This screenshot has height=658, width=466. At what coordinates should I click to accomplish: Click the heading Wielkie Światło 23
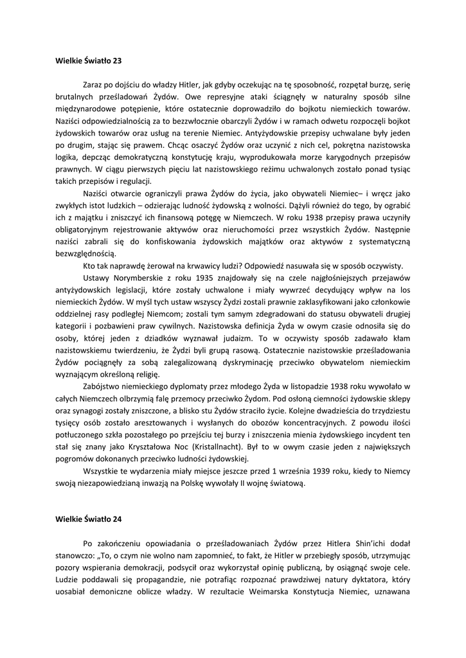pos(88,61)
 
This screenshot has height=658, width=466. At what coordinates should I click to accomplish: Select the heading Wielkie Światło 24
pos(88,519)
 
